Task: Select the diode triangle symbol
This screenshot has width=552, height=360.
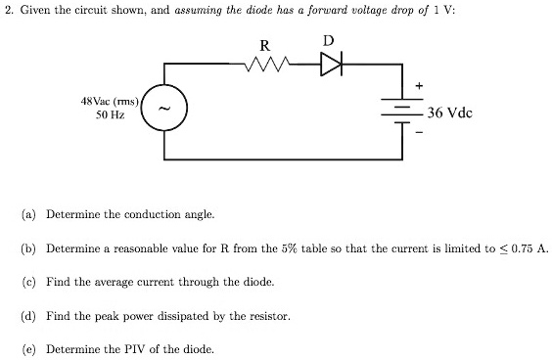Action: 331,65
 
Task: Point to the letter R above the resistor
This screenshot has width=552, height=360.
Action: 263,44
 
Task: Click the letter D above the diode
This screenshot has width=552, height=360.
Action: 328,41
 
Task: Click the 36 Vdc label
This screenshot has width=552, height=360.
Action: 450,112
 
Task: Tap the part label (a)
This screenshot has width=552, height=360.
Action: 29,213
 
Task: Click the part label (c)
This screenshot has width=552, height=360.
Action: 29,282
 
